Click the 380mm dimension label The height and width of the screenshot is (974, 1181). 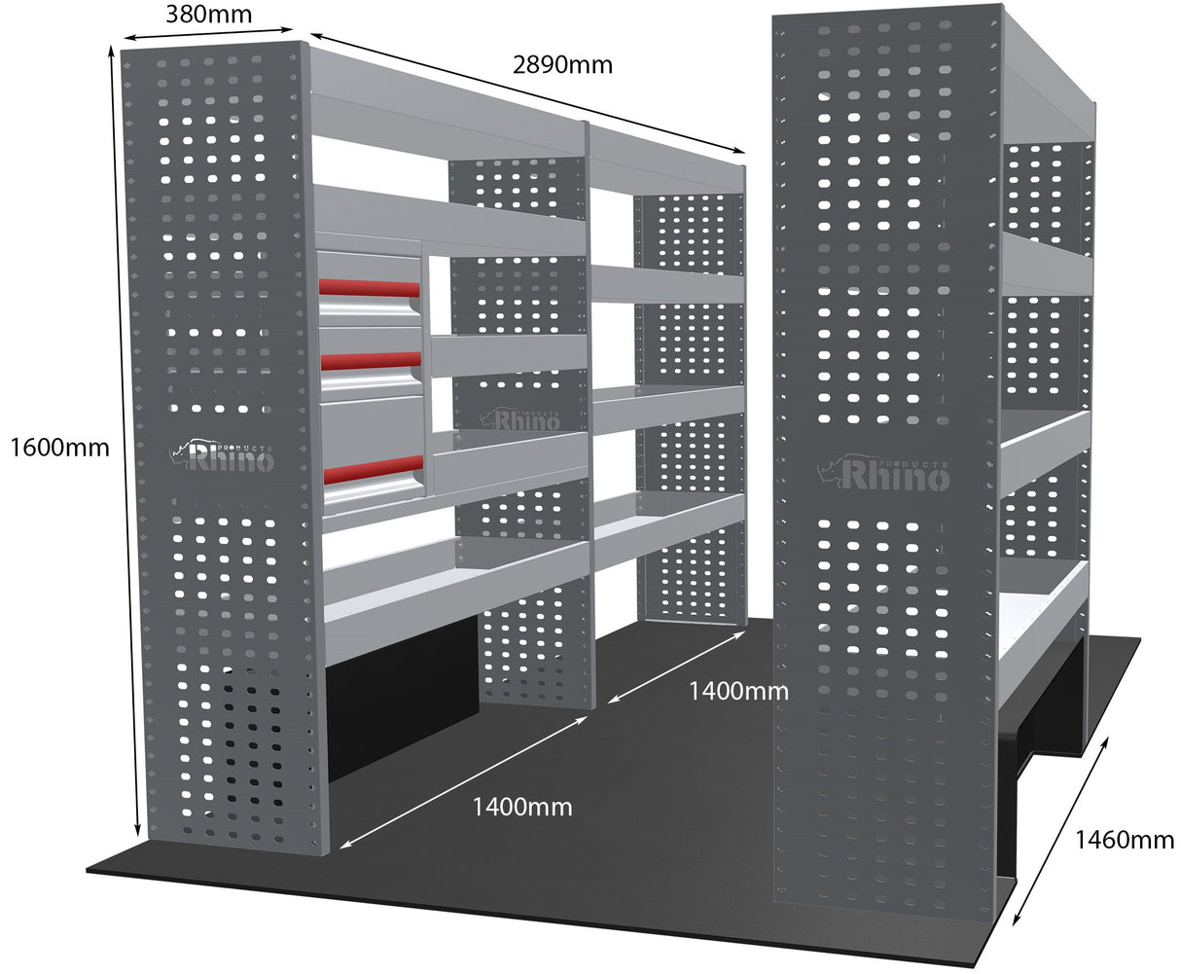(208, 15)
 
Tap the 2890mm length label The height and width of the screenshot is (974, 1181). (562, 65)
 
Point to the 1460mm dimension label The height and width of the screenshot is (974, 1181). (1124, 840)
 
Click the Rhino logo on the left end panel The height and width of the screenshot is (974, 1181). (225, 455)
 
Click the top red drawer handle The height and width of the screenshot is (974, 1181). (370, 288)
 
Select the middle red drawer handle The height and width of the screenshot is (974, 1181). (371, 361)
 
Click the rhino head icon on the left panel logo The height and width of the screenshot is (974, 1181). (180, 449)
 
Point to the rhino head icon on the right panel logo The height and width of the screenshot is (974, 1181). (830, 470)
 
